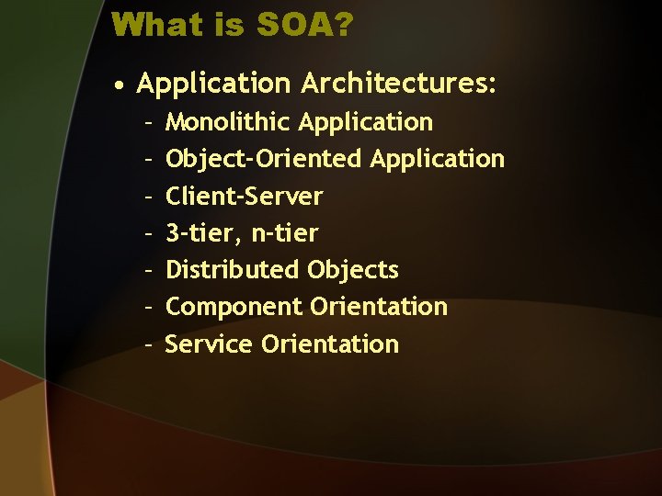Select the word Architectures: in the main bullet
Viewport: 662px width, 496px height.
pos(398,84)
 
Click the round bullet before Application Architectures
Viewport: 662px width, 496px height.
pos(120,85)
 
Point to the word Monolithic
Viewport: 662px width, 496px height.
pos(229,122)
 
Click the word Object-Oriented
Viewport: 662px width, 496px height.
pos(264,159)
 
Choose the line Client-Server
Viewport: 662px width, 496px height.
pos(244,197)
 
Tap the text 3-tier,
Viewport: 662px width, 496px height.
pos(204,233)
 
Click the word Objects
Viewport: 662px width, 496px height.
pos(353,270)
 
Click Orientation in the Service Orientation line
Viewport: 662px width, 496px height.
pos(330,344)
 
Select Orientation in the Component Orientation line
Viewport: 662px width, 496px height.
pos(379,307)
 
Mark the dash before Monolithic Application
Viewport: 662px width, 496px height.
pos(149,122)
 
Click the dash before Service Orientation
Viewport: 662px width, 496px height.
pos(149,344)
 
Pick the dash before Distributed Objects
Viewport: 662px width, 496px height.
pos(149,270)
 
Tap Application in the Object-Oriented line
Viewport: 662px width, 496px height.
pos(438,159)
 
